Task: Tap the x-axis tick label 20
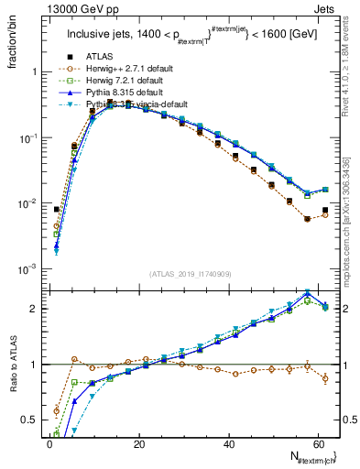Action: [x=138, y=444]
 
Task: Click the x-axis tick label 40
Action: [x=228, y=444]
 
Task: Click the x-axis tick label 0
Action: [x=49, y=444]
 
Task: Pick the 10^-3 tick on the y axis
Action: [x=26, y=269]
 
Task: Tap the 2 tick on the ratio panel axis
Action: [x=33, y=309]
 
